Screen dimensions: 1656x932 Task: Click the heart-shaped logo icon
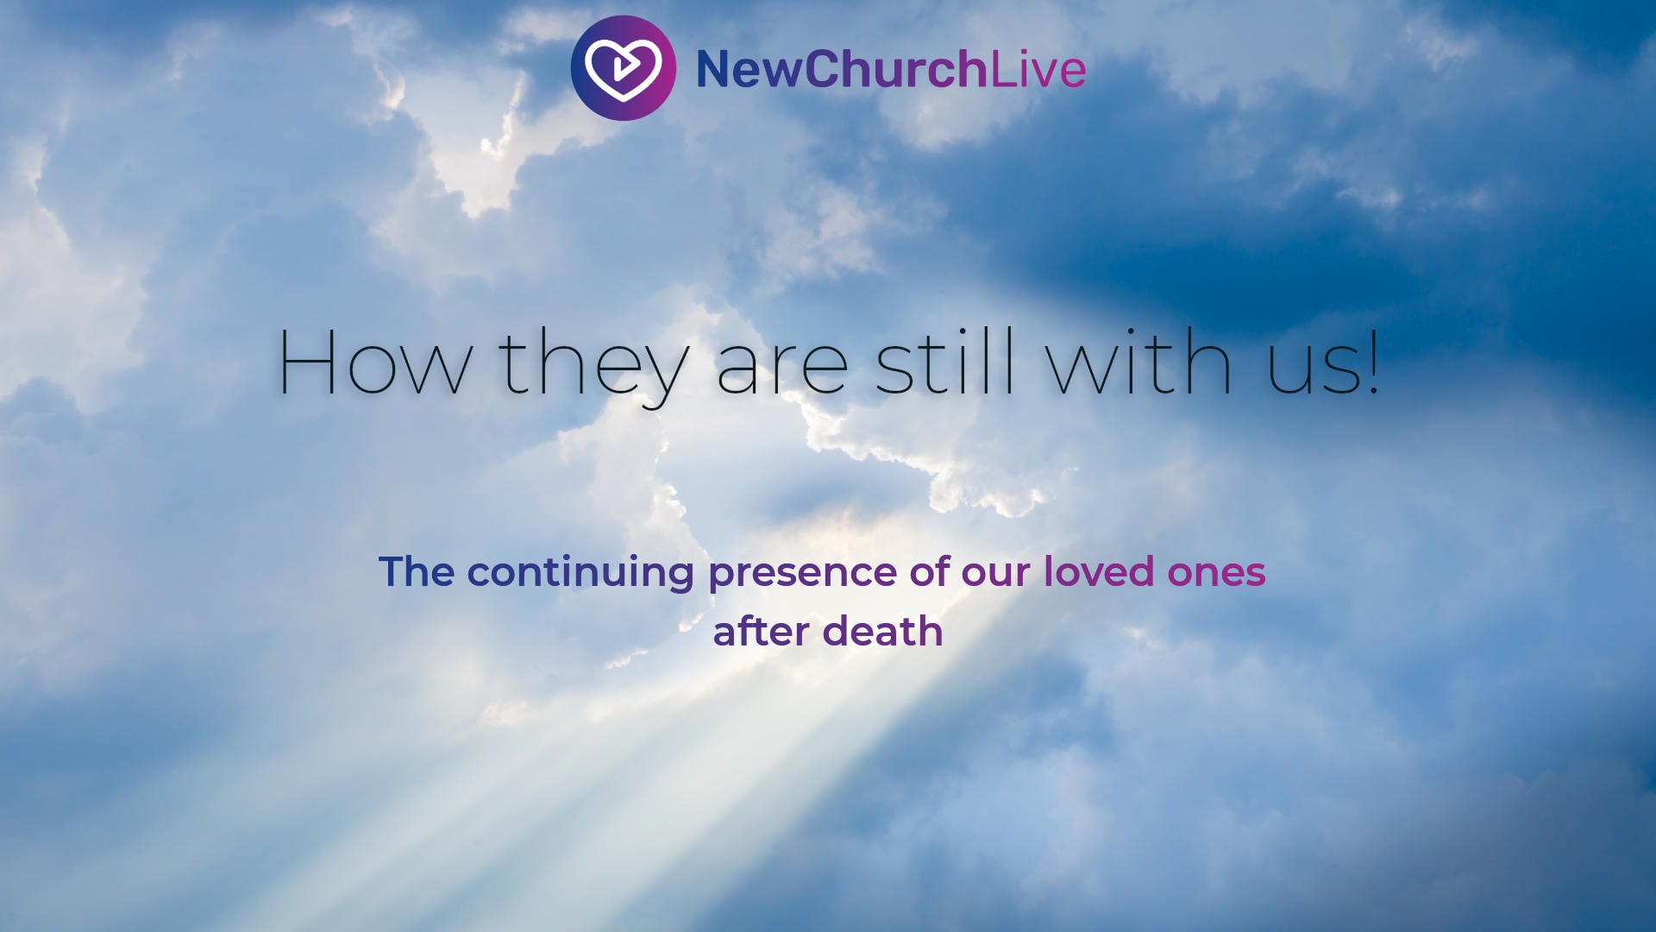(623, 67)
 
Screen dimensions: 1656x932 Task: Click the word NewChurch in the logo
(842, 69)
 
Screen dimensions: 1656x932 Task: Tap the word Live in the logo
(1038, 69)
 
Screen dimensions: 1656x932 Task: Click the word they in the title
(594, 366)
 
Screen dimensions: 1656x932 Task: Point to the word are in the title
(783, 369)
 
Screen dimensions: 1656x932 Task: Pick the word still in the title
(945, 362)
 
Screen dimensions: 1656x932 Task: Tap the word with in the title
(1138, 362)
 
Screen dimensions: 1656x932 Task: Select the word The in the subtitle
(417, 571)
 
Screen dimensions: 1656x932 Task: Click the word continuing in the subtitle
(580, 575)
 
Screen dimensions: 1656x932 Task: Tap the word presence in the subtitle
(802, 576)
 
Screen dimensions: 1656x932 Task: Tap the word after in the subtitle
(761, 631)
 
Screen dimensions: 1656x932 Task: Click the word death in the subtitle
(882, 631)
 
